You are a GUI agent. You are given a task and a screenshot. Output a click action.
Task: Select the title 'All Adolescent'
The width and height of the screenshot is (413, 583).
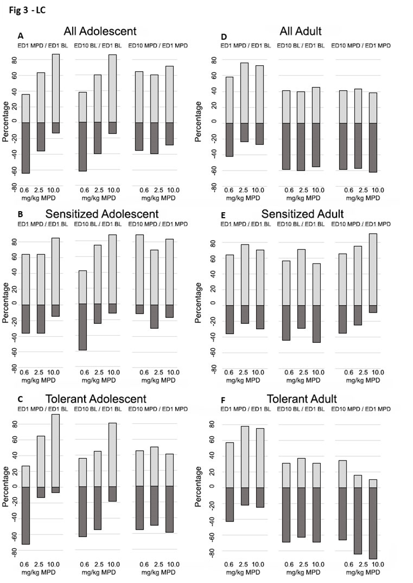point(100,31)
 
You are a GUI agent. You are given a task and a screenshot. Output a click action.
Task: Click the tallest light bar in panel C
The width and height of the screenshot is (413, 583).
point(55,450)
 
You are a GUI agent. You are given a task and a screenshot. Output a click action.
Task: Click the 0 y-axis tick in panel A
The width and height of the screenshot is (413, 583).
point(14,123)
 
